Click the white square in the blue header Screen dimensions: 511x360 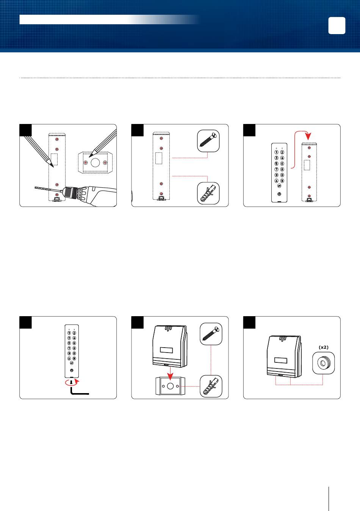[337, 26]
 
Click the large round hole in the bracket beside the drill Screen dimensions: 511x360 [95, 162]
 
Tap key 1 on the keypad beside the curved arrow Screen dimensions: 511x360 [277, 152]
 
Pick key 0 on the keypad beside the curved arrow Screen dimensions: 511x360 [282, 175]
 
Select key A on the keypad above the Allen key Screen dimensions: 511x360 [69, 358]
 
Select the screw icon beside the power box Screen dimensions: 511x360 [211, 334]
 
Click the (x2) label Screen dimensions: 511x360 [323, 347]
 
